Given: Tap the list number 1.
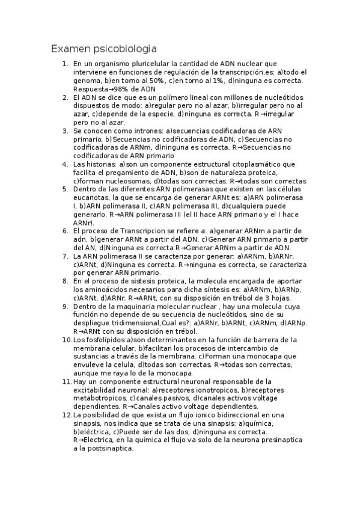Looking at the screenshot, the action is tap(64, 63).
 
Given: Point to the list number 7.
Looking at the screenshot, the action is tap(64, 256).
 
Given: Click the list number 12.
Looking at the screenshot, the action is tap(67, 414).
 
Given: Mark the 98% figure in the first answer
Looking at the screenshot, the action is tap(122, 88).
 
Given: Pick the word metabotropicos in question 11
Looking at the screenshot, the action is tap(101, 398).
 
